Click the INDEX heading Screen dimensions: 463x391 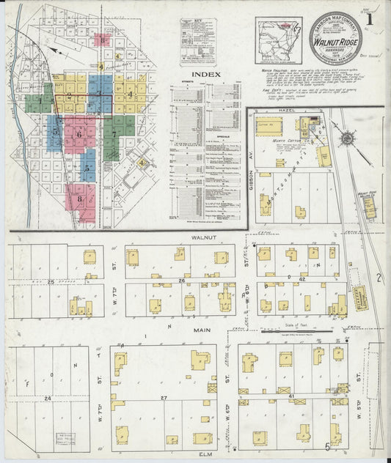pyautogui.click(x=206, y=75)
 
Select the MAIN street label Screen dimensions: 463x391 pyautogui.click(x=203, y=330)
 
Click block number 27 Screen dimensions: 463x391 pyautogui.click(x=164, y=397)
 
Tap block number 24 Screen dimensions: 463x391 pyautogui.click(x=47, y=398)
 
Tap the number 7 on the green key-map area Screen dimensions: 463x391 pyautogui.click(x=114, y=134)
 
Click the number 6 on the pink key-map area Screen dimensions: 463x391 pyautogui.click(x=78, y=134)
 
